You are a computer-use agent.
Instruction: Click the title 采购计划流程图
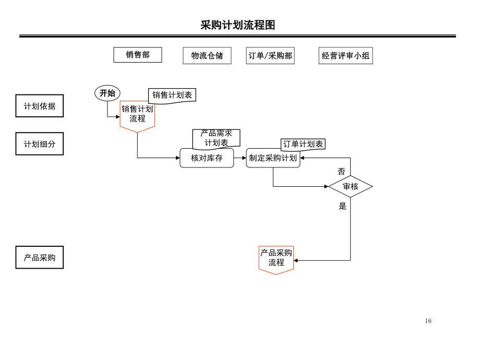click(x=237, y=25)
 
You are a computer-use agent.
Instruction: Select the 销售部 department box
click(x=138, y=55)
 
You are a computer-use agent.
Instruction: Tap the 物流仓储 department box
click(x=207, y=55)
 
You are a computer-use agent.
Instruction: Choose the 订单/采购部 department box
click(x=270, y=55)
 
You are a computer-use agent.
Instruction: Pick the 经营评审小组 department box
click(x=345, y=55)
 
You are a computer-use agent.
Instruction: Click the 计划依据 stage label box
click(x=40, y=106)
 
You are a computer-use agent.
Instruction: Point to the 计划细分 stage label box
click(x=40, y=143)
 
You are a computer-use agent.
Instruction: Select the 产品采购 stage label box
click(x=40, y=257)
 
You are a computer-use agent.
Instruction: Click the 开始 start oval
click(x=107, y=93)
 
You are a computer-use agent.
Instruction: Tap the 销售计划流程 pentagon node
click(x=137, y=115)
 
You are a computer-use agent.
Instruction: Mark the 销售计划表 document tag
click(x=172, y=95)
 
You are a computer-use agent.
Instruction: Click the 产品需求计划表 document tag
click(x=216, y=138)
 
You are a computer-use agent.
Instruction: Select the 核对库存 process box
click(x=207, y=158)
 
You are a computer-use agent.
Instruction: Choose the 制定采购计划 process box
click(x=273, y=158)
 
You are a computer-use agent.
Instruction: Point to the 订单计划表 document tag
click(x=303, y=144)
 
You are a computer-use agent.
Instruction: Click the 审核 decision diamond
click(x=350, y=186)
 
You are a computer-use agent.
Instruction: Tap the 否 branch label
click(x=341, y=171)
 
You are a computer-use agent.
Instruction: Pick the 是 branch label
click(x=343, y=206)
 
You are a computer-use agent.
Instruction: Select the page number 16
click(x=428, y=321)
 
